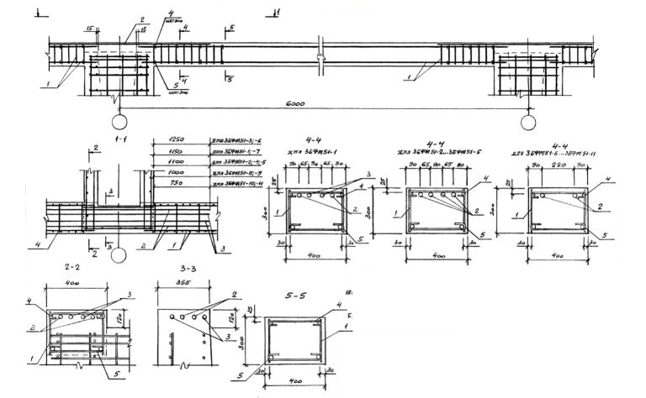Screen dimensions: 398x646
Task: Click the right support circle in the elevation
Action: tap(528, 123)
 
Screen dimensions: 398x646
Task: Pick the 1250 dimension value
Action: tap(176, 139)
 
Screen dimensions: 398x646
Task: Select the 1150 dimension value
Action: tap(176, 149)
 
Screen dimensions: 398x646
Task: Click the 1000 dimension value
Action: tap(176, 170)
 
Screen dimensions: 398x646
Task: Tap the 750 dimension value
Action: tap(176, 181)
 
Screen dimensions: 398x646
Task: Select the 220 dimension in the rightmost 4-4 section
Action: tap(556, 168)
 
